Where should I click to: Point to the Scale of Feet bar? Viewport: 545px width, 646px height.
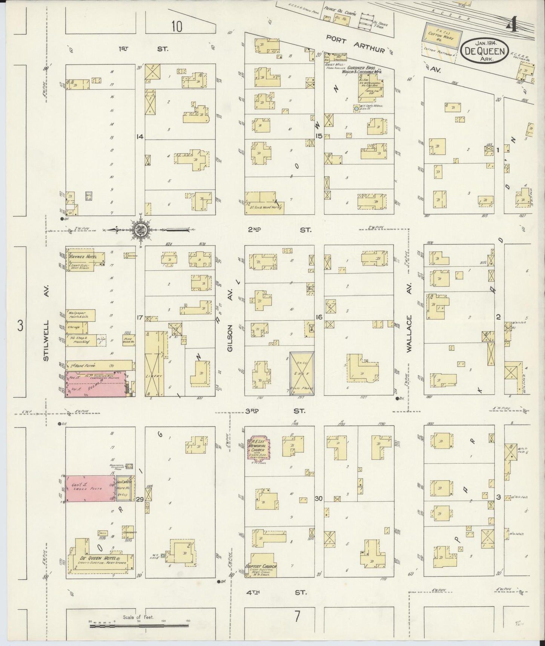click(x=140, y=626)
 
